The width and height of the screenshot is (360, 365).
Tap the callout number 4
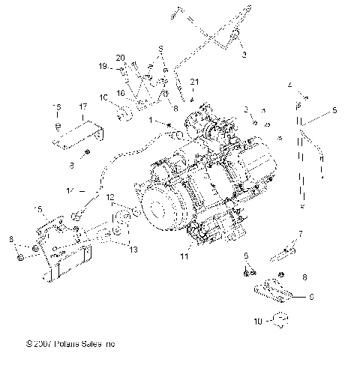coord(289,86)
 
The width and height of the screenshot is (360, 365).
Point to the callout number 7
coord(301,234)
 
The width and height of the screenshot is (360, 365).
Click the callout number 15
coord(39,209)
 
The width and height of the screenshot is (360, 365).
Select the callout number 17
coord(82,107)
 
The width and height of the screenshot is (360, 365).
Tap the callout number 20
coord(120,57)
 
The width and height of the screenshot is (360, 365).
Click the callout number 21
coord(193,81)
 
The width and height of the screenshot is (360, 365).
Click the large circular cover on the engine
coord(160,214)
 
